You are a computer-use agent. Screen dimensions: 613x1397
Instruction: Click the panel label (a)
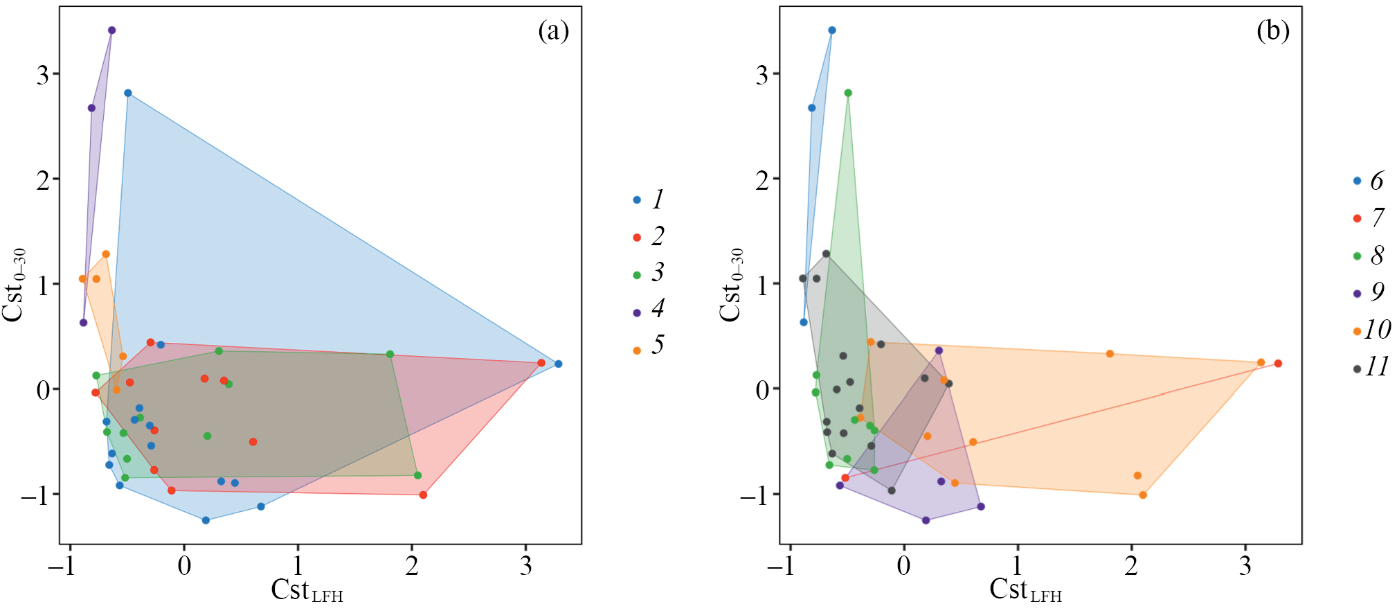553,31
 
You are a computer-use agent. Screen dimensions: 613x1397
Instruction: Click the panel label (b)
1272,31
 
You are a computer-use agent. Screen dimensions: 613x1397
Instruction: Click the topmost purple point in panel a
111,30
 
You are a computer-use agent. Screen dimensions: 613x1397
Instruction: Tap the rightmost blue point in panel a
559,364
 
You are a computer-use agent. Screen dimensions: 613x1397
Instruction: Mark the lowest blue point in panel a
206,520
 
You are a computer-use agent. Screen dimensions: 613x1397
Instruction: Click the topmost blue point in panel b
832,30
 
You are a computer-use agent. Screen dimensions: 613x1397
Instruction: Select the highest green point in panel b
848,93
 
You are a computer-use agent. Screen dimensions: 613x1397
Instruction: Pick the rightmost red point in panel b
1278,364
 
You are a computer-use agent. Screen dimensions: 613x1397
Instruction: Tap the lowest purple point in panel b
926,520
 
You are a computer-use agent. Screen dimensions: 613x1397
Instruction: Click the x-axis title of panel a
307,591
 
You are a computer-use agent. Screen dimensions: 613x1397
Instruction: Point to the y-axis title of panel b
731,285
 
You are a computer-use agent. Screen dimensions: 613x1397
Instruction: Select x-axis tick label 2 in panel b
1131,566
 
